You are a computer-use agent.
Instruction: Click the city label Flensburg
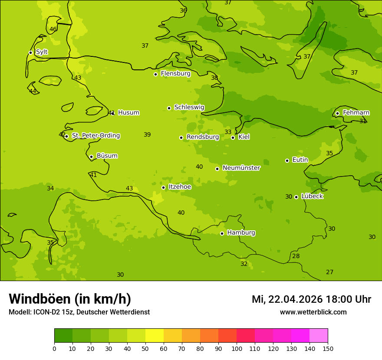pos(175,74)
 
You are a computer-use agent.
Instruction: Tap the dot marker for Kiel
pos(233,137)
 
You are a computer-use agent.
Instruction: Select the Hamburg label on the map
pos(241,233)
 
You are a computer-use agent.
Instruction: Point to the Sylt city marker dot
pos(30,52)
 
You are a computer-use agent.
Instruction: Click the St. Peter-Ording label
pos(95,136)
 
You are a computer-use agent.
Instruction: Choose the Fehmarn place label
pos(356,113)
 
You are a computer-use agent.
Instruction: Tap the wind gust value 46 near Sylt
pos(53,29)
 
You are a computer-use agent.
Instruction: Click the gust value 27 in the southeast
pos(330,272)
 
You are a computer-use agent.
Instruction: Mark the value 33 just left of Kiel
pos(228,132)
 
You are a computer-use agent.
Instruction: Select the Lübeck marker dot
pos(296,197)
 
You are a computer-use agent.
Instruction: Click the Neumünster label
pos(241,168)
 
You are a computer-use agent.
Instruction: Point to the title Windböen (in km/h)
pos(70,299)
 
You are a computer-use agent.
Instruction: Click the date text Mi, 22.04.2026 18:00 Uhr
pos(311,299)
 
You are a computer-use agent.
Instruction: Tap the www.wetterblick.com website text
pos(313,312)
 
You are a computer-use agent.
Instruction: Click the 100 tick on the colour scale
pos(237,348)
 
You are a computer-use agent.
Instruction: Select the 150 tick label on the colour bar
pos(328,348)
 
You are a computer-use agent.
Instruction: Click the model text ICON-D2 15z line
pos(79,312)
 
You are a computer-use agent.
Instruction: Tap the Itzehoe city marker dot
pos(163,187)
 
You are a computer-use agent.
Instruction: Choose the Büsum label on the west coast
pos(107,156)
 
